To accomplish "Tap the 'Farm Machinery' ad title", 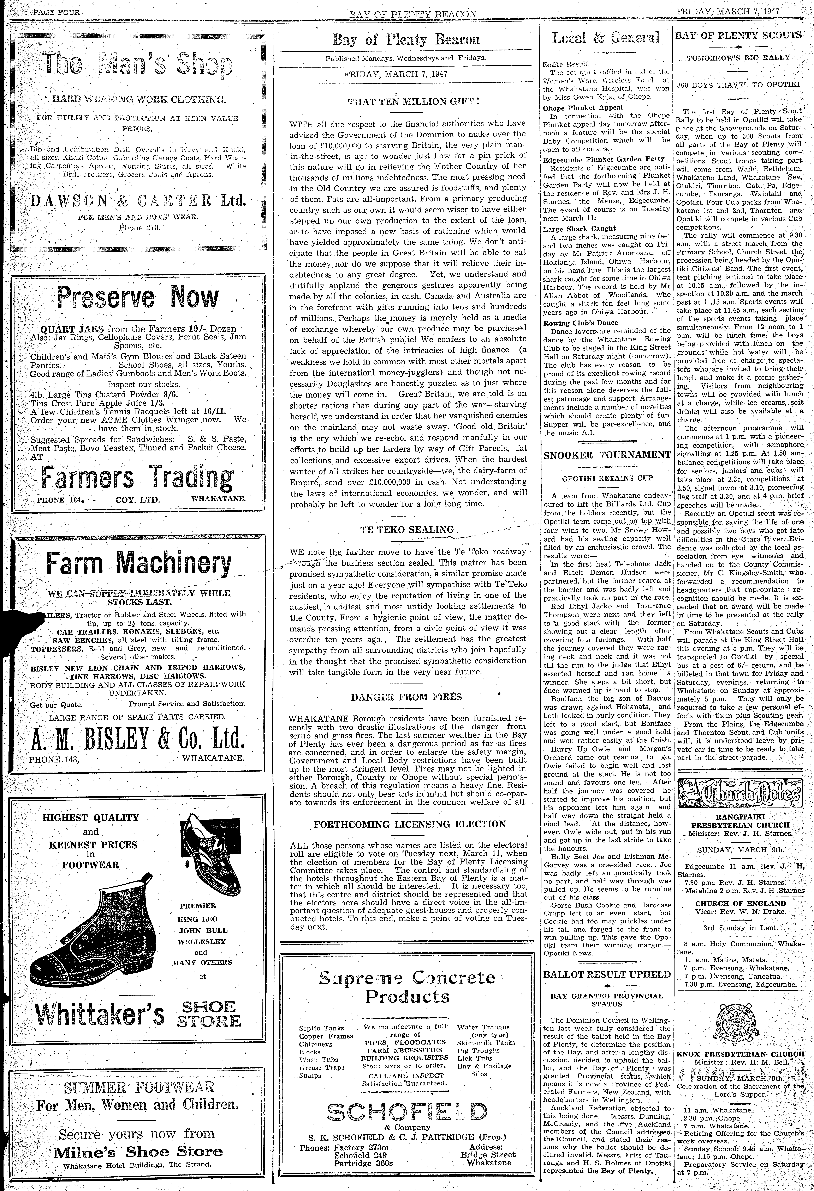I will click(x=138, y=564).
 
